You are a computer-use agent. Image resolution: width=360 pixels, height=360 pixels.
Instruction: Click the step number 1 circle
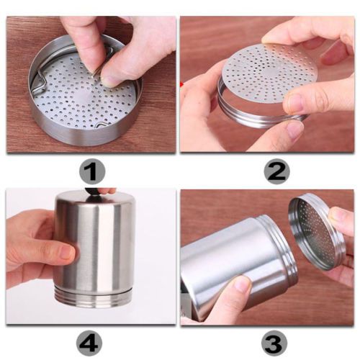(x=92, y=171)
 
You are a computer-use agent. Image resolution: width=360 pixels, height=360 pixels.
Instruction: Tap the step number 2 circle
(x=276, y=171)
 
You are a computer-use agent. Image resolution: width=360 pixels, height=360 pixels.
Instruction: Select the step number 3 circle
(x=274, y=343)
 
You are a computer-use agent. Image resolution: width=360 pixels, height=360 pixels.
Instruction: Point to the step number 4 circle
(x=89, y=343)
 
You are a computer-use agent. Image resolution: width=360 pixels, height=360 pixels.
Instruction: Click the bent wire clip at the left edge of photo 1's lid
(x=40, y=81)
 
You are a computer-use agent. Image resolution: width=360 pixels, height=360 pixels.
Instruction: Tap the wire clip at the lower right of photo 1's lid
(x=103, y=125)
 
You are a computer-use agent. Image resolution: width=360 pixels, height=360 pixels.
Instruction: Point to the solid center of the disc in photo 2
(x=269, y=71)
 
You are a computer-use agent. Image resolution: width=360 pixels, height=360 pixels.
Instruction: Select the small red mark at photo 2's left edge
(x=181, y=84)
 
